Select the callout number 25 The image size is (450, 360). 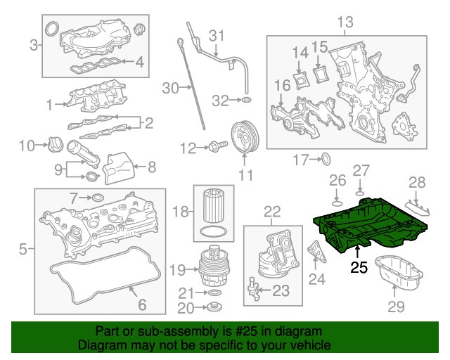tap(359, 267)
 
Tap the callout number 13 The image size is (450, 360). tap(345, 23)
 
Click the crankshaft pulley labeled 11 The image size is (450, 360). tap(244, 137)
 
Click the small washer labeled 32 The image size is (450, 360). tap(245, 101)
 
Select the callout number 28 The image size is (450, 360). tap(418, 183)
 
